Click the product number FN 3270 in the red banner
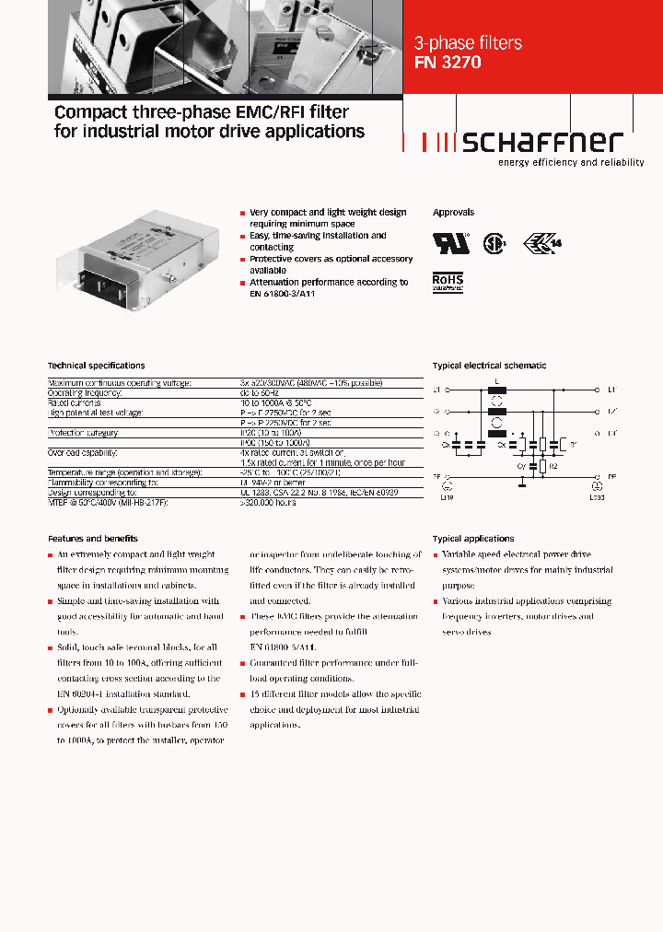coord(448,64)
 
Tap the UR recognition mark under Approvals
coord(451,242)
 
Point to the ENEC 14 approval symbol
coord(542,242)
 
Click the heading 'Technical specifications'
coord(96,366)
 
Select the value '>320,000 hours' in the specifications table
coord(268,504)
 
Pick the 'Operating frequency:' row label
coord(84,392)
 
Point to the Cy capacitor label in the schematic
coord(519,467)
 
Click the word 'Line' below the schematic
coord(448,496)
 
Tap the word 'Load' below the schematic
coord(597,496)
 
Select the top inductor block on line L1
coord(497,390)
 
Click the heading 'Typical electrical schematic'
coord(489,366)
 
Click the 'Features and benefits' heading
coord(92,538)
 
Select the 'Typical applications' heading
coord(473,538)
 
